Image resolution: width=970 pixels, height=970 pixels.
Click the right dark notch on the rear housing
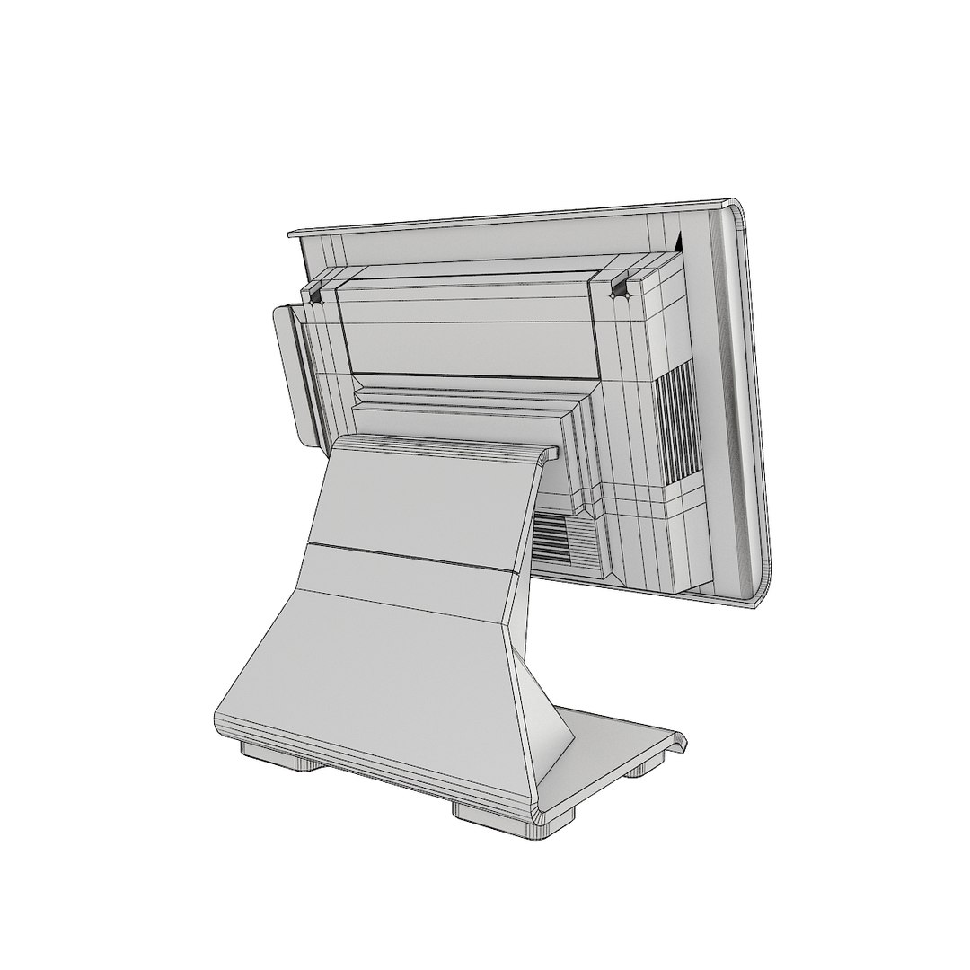tap(618, 288)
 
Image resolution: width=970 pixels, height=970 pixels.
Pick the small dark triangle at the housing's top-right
tap(679, 242)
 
